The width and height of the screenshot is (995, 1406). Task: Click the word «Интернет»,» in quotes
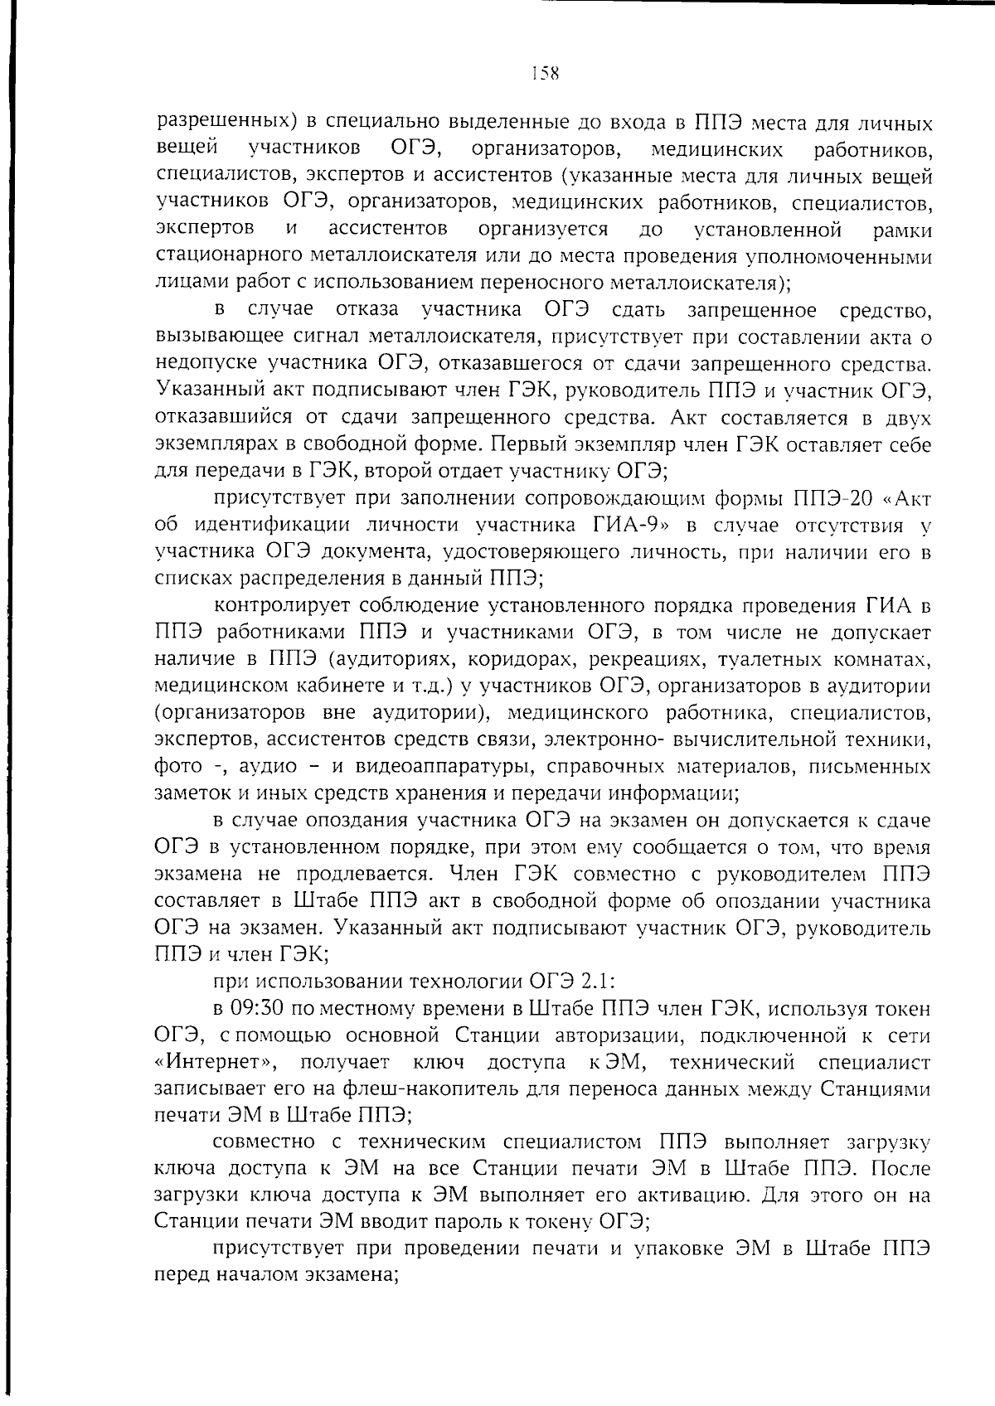coord(217,1063)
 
